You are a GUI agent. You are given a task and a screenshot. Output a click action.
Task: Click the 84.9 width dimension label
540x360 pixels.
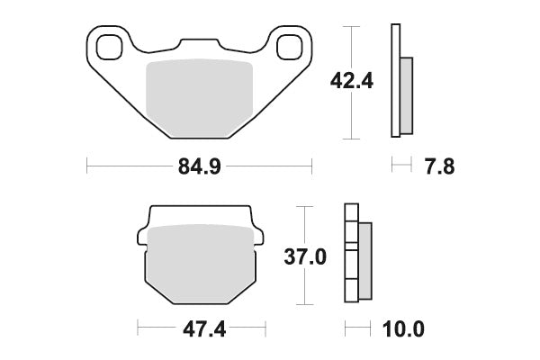pos(199,166)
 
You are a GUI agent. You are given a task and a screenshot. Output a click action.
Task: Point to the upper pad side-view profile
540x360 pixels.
pos(400,81)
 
